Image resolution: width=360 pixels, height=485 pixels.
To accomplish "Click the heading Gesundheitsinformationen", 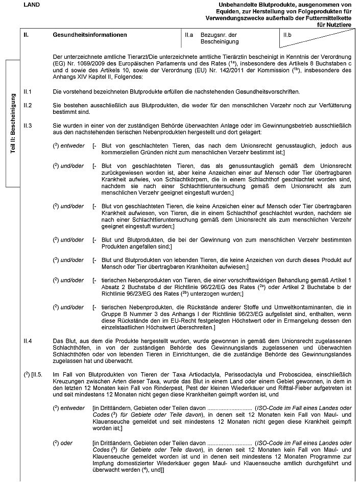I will [89, 35].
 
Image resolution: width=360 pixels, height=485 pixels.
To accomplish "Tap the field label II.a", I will [189, 35].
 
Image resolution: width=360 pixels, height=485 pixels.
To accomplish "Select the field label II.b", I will [287, 35].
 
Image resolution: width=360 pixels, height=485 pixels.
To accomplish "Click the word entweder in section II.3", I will [73, 145].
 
